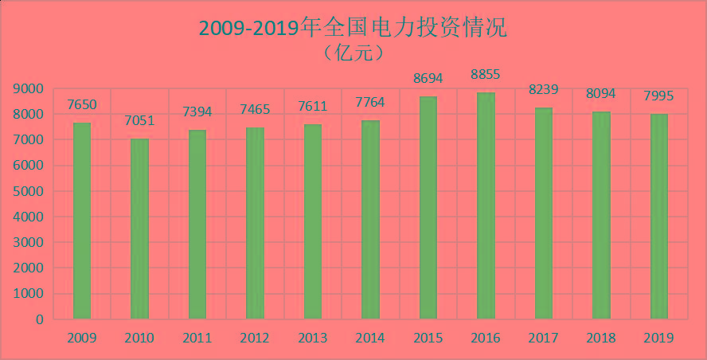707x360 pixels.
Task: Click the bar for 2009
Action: pos(82,221)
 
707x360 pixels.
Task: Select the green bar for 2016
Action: pos(486,205)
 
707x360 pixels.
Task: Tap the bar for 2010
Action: pos(139,229)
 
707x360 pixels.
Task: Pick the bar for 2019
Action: pos(658,217)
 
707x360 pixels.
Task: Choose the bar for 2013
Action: pos(313,221)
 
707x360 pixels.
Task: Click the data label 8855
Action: pos(486,75)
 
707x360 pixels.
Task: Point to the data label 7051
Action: pos(139,121)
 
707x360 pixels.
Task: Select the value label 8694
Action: pos(428,79)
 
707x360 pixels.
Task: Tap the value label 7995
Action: pos(658,96)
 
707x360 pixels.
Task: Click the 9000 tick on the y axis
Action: pos(28,89)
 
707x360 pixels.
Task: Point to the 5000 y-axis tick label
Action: pos(28,192)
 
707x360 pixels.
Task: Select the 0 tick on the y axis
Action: pos(38,320)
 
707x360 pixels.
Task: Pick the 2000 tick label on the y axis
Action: pos(28,268)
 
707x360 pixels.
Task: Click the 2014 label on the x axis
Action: pos(370,338)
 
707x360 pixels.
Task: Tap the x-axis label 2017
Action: pos(543,338)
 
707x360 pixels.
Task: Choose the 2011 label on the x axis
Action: pos(197,338)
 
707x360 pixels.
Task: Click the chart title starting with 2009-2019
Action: pos(353,28)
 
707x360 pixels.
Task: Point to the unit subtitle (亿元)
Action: pos(353,53)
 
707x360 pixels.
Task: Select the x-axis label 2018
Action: pos(600,338)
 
